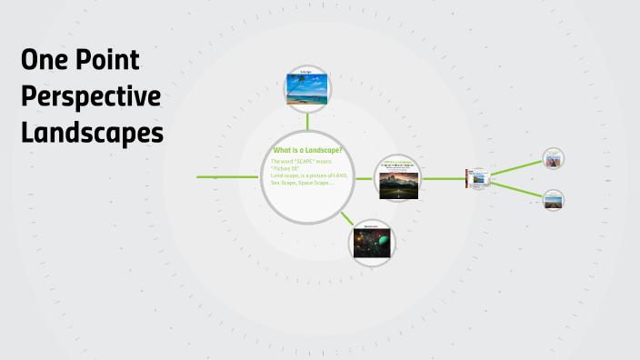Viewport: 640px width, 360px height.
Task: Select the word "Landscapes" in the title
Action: tap(92, 133)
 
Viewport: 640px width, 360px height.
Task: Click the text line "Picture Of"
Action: tap(285, 168)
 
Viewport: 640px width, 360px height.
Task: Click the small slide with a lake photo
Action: tap(477, 177)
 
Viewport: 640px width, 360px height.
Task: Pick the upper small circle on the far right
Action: tap(553, 159)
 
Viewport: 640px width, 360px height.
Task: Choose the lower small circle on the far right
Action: tap(553, 200)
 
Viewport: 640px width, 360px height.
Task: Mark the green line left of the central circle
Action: tap(227, 176)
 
